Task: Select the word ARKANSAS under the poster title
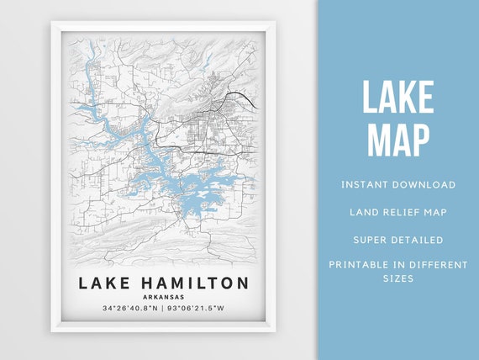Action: [164, 296]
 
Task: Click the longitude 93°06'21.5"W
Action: [199, 309]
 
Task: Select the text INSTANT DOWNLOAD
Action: [398, 184]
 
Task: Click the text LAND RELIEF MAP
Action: [398, 212]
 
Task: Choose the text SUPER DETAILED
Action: [398, 240]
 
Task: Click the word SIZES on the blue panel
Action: [398, 278]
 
